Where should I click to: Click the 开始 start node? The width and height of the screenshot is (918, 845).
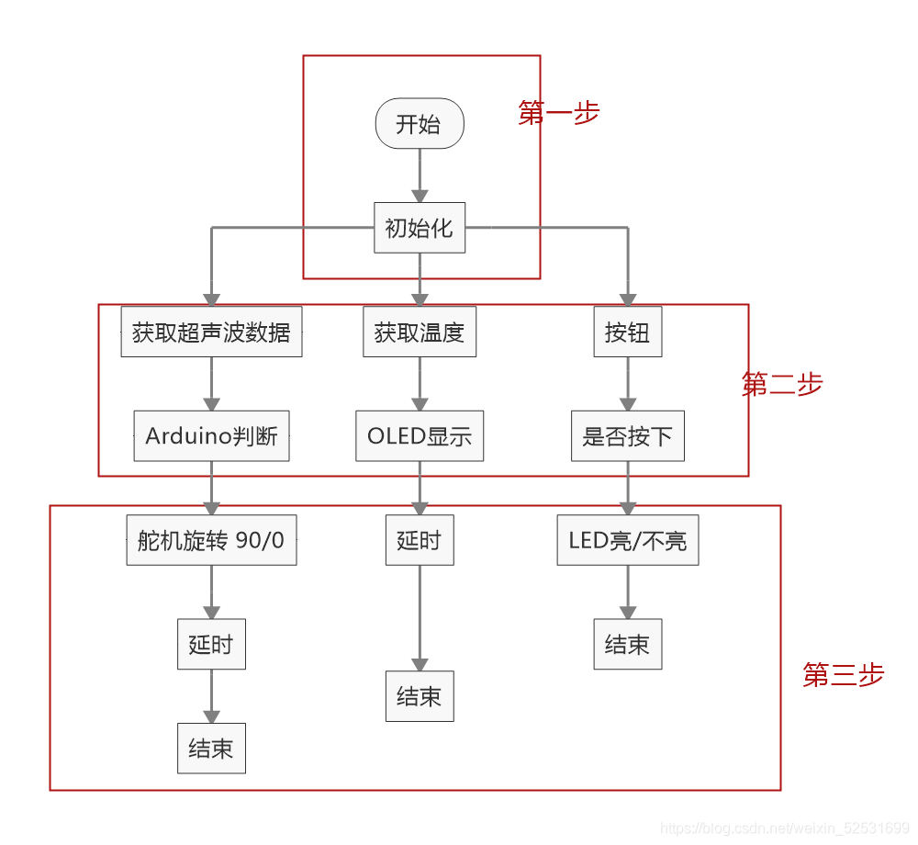420,123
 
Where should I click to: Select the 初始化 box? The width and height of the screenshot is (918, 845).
420,228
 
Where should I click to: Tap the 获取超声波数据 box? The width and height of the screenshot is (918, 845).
211,332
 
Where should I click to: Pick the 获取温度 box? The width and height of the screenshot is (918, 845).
420,332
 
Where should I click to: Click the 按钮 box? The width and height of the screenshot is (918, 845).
628,332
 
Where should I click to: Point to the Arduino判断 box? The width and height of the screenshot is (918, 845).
211,435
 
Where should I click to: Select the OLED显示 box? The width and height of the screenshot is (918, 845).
420,435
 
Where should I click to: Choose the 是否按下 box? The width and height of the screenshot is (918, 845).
628,435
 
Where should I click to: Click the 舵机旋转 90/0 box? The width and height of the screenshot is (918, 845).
211,540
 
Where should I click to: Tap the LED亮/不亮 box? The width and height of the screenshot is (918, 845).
628,540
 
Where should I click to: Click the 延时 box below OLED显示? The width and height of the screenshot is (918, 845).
420,540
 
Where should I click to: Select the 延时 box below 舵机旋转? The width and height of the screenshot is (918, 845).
211,644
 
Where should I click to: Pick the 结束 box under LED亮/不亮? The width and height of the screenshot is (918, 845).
628,644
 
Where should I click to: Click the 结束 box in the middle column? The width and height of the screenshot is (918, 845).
420,696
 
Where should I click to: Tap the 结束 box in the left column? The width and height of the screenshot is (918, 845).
211,748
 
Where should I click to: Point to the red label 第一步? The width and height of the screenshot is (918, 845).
559,112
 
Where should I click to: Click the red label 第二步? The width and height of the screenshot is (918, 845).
782,384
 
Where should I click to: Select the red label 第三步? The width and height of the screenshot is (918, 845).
843,674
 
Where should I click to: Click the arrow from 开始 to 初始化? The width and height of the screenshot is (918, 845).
420,175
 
